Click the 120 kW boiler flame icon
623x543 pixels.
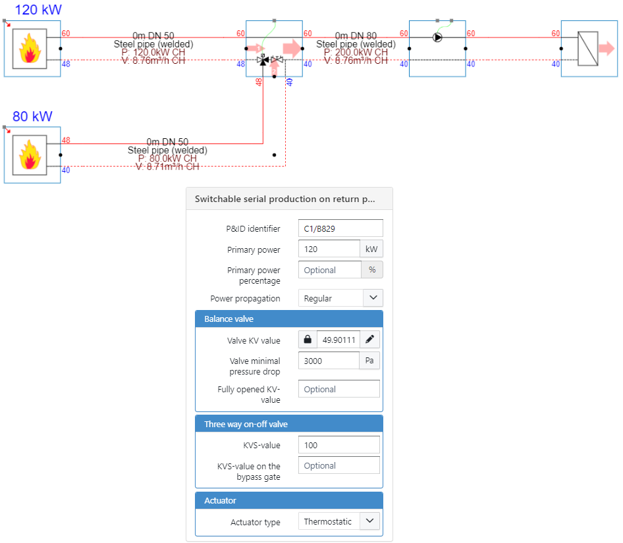click(x=29, y=49)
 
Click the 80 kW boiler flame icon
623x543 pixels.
click(x=29, y=155)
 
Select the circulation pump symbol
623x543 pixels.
click(x=438, y=38)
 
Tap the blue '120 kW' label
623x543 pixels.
click(x=38, y=10)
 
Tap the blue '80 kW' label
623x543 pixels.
click(x=32, y=116)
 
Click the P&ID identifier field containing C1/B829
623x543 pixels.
click(x=340, y=228)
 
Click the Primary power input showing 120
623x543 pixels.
click(x=329, y=249)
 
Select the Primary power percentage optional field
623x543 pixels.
click(x=329, y=270)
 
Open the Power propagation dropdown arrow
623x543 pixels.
click(x=373, y=298)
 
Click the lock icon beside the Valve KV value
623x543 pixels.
click(x=308, y=340)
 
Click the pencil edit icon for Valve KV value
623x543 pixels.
click(x=370, y=340)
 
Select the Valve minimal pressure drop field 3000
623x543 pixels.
click(x=328, y=361)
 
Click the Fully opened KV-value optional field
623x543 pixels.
click(x=339, y=389)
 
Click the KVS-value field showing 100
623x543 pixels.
click(x=339, y=445)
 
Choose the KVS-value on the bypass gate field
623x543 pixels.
click(x=339, y=465)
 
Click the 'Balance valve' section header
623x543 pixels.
click(x=289, y=319)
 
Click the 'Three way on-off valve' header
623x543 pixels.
click(x=289, y=424)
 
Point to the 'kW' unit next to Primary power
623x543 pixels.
click(x=371, y=249)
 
